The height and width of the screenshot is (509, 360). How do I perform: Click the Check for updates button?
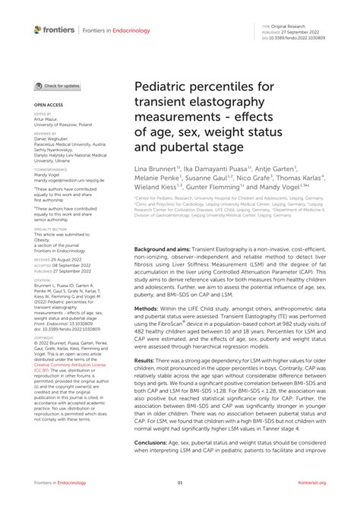(x=57, y=87)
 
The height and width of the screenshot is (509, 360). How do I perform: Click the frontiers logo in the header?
(x=54, y=29)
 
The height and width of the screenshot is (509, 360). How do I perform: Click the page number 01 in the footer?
(x=180, y=482)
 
